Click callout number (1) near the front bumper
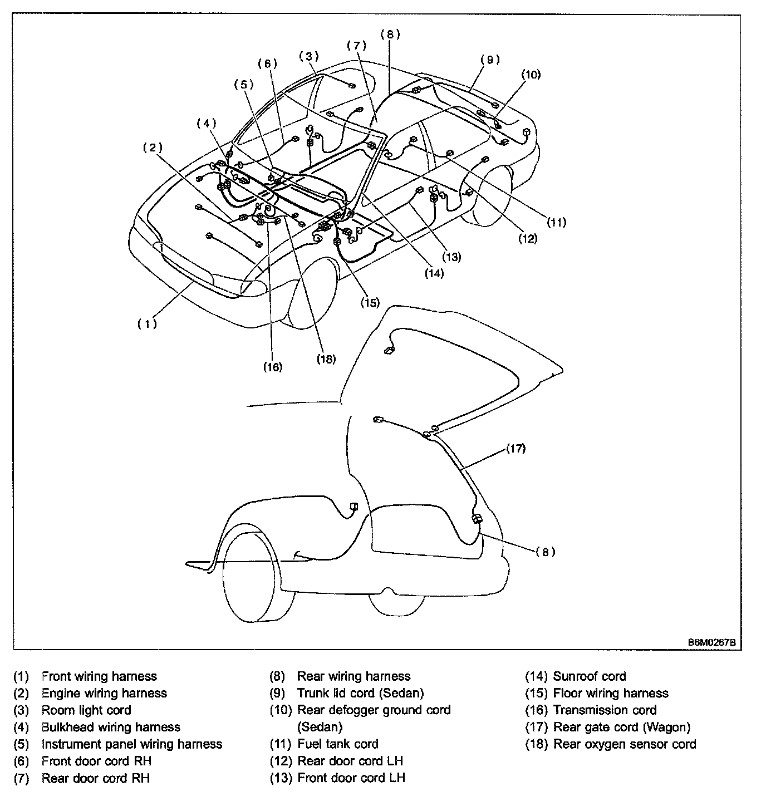pyautogui.click(x=147, y=323)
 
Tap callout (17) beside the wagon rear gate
pyautogui.click(x=515, y=448)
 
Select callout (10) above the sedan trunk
pyautogui.click(x=531, y=75)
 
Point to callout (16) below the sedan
pyautogui.click(x=272, y=367)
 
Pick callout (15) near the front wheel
pyautogui.click(x=370, y=303)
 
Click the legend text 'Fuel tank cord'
pyautogui.click(x=337, y=744)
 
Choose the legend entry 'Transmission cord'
pyautogui.click(x=605, y=710)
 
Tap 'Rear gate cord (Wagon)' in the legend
pyautogui.click(x=621, y=727)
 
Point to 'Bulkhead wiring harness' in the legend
pyautogui.click(x=111, y=727)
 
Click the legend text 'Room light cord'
pyautogui.click(x=86, y=710)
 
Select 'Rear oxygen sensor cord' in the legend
pyautogui.click(x=625, y=744)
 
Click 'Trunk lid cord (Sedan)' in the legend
pyautogui.click(x=360, y=693)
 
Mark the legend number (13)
pyautogui.click(x=281, y=778)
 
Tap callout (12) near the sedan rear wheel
pyautogui.click(x=528, y=239)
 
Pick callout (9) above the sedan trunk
pyautogui.click(x=490, y=60)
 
